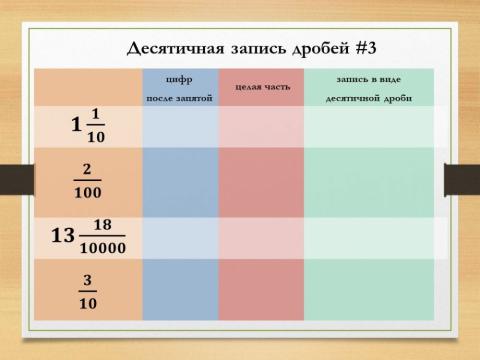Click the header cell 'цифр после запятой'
tap(180, 87)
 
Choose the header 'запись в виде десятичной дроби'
tap(369, 87)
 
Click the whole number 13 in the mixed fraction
tap(63, 236)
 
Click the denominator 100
tap(87, 192)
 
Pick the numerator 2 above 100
tap(87, 169)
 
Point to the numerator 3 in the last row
tap(87, 280)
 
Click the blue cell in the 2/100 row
tap(180, 181)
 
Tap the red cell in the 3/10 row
tap(262, 290)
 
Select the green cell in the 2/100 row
tap(369, 181)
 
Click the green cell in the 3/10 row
tap(369, 290)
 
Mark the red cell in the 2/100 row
tap(262, 181)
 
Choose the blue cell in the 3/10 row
tap(180, 290)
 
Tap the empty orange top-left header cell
tap(87, 87)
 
